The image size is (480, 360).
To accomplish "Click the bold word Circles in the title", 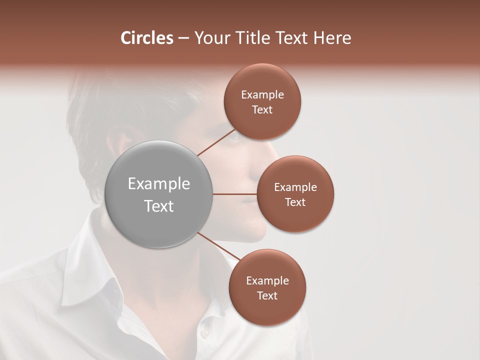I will (x=146, y=38).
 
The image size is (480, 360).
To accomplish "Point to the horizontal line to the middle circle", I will (x=234, y=194).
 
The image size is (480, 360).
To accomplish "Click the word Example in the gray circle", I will (x=158, y=184).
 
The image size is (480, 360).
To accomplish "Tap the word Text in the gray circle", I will (x=158, y=206).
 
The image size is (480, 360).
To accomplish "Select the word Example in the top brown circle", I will (x=262, y=95).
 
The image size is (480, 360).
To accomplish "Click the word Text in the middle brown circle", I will (x=295, y=202).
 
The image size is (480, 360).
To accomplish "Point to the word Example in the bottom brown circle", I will (x=267, y=280).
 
